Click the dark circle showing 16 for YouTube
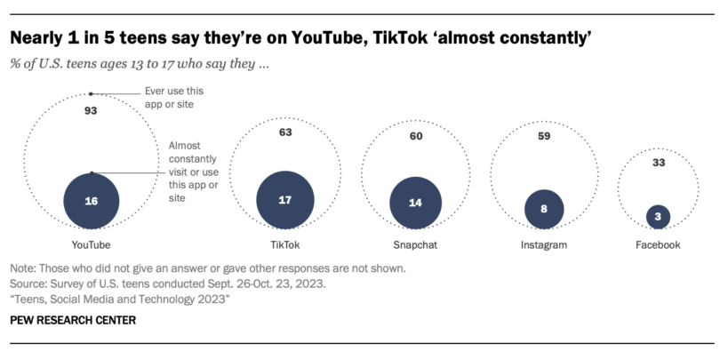[x=92, y=201]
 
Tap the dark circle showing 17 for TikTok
[x=285, y=200]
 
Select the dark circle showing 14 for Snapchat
[x=416, y=202]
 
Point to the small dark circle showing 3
[x=657, y=215]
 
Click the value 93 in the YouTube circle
[x=90, y=111]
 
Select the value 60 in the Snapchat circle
[x=416, y=138]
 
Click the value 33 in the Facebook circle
[x=657, y=163]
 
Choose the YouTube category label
[x=92, y=244]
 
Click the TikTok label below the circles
[x=285, y=244]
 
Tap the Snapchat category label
[x=416, y=244]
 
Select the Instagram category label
[x=543, y=244]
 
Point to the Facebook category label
[x=657, y=244]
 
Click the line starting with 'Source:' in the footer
[x=166, y=284]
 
